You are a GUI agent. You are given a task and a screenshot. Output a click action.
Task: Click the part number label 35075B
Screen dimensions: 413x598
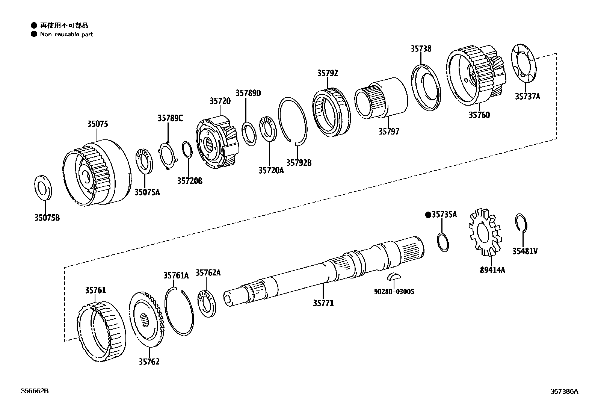point(47,218)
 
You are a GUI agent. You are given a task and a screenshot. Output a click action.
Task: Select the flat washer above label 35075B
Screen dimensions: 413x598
point(44,187)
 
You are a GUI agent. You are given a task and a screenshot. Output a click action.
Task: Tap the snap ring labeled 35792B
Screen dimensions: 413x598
point(292,120)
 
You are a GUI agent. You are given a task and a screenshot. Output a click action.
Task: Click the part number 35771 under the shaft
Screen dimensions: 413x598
point(323,303)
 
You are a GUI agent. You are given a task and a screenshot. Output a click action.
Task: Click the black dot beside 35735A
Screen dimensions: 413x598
point(427,215)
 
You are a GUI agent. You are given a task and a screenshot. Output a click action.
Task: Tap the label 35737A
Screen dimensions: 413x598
point(527,97)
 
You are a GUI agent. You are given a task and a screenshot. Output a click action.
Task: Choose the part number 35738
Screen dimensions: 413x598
point(421,49)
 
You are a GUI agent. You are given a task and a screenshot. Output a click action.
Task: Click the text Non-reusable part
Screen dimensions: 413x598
point(66,34)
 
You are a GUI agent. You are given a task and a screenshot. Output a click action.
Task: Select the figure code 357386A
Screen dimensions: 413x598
point(564,391)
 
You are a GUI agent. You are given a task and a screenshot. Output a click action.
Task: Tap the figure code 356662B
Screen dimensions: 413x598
point(35,391)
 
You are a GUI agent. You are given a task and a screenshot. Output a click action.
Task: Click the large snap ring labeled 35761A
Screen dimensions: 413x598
point(179,310)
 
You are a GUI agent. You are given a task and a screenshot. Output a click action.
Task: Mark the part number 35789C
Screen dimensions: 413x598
point(170,118)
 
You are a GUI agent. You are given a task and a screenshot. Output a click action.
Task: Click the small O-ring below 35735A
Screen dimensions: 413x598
point(443,243)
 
